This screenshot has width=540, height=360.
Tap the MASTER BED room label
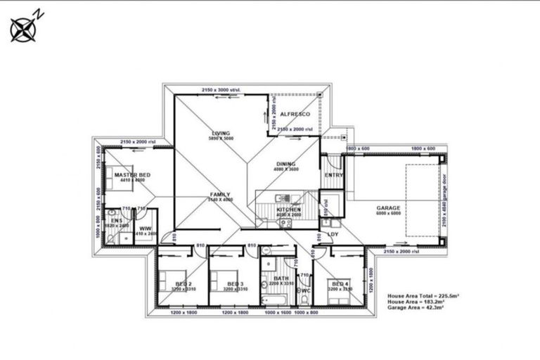[131, 174]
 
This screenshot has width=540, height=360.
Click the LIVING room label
[221, 133]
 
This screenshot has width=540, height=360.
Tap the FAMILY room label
[220, 195]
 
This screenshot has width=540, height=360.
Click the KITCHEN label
[288, 209]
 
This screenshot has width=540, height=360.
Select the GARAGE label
[388, 208]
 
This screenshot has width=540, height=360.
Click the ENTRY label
[333, 175]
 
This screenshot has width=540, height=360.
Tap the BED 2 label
[184, 283]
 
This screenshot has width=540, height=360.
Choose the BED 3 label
[235, 283]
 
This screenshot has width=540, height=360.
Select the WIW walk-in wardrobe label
[145, 229]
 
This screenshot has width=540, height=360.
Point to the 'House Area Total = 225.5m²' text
[423, 297]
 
